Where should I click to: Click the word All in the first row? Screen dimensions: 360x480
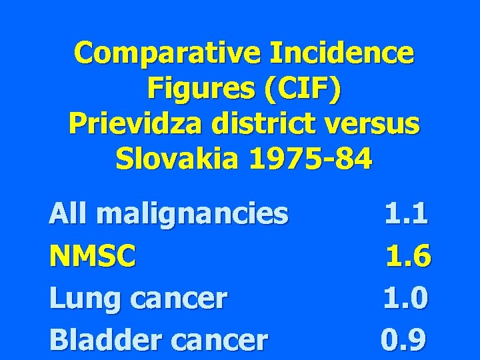click(x=68, y=214)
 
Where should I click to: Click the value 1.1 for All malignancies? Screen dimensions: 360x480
click(x=407, y=214)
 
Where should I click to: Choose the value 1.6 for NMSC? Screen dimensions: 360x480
click(x=409, y=255)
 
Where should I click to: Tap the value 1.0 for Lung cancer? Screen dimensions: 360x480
click(x=406, y=298)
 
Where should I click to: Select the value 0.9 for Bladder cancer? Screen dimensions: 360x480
click(x=403, y=339)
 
